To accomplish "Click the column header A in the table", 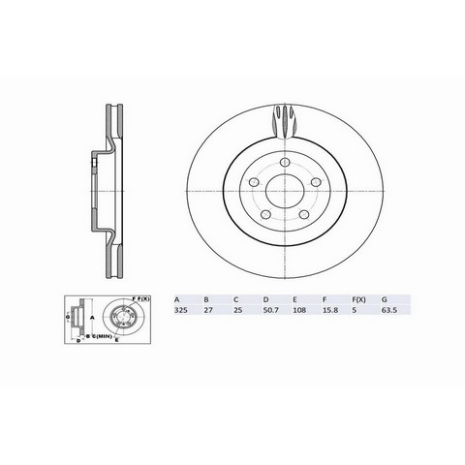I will (174, 300).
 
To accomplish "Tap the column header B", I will (204, 300).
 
